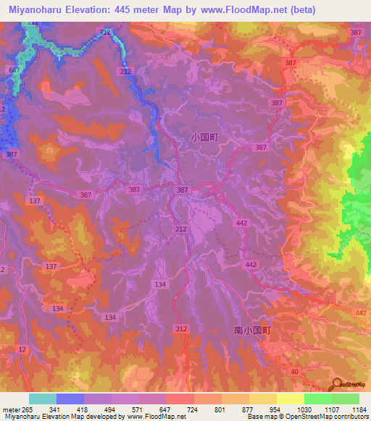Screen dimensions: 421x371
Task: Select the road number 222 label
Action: pyautogui.click(x=105, y=33)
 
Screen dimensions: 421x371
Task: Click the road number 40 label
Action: pyautogui.click(x=293, y=371)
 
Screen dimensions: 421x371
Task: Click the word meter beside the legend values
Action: pyautogui.click(x=9, y=409)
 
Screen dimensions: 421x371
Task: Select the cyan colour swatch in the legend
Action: pyautogui.click(x=42, y=399)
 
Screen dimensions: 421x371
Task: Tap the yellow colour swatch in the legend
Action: pyautogui.click(x=290, y=399)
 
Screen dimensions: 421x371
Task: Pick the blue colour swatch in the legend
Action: pyautogui.click(x=70, y=399)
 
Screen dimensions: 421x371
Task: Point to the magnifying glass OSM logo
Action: pyautogui.click(x=337, y=383)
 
